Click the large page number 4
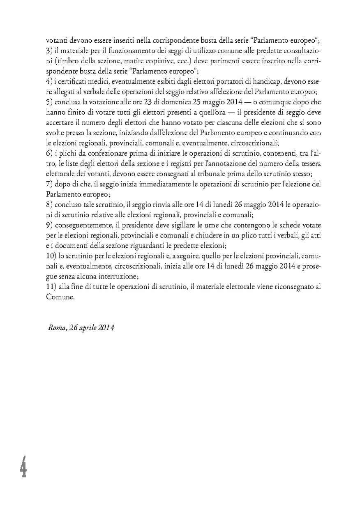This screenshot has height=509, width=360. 23,467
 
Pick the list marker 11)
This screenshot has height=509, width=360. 51,288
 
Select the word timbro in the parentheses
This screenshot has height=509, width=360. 61,61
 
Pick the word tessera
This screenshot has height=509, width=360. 308,164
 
